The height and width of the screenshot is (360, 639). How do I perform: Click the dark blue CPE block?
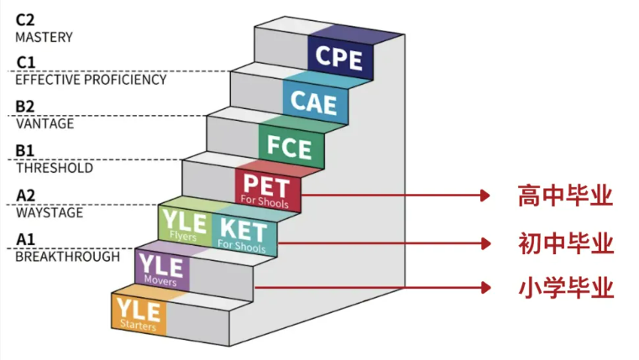tap(339, 57)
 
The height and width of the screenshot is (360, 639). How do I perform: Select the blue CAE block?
tap(313, 102)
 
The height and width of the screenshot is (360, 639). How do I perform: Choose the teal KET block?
tap(242, 234)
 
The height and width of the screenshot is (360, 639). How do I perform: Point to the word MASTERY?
tap(44, 37)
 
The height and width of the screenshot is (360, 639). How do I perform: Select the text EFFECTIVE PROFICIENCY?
tap(91, 81)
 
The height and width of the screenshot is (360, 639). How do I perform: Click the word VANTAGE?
tap(45, 124)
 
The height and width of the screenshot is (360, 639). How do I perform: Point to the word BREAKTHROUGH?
tap(67, 257)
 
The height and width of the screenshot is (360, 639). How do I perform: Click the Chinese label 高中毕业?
tap(565, 196)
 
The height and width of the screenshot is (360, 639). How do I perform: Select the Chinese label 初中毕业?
tap(565, 244)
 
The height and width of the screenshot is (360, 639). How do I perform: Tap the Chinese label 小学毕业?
tap(565, 289)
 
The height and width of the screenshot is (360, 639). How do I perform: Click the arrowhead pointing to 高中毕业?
tap(483, 196)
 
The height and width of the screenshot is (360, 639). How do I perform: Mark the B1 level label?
tap(25, 151)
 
